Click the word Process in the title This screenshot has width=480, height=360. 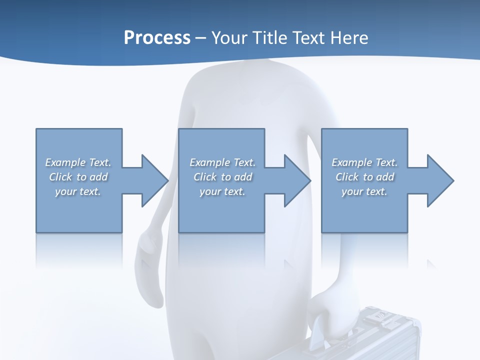[x=157, y=38]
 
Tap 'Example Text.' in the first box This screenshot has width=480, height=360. [x=78, y=162]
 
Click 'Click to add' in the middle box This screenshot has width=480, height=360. [x=222, y=177]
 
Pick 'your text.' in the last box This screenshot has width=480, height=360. [x=364, y=191]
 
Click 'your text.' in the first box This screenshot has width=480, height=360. [x=78, y=191]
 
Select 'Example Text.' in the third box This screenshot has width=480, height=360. [x=364, y=162]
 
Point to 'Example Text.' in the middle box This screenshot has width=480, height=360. [x=222, y=162]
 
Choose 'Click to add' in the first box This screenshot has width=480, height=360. [x=78, y=177]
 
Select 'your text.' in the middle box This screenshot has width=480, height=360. [x=222, y=191]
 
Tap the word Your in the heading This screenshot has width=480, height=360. [x=229, y=38]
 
